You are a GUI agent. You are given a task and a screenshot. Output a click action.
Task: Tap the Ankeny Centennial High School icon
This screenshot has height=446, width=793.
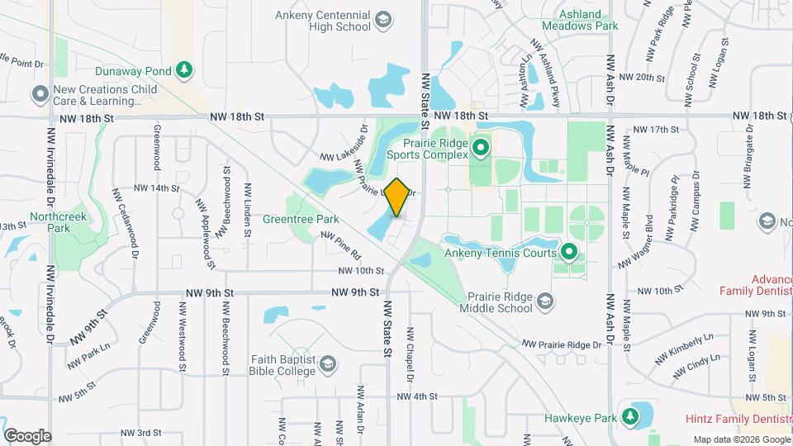coord(382,19)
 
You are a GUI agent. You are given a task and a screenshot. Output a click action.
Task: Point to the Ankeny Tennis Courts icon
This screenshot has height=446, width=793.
coord(568,251)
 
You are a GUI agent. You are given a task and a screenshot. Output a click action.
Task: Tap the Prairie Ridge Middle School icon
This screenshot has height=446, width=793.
coord(544,301)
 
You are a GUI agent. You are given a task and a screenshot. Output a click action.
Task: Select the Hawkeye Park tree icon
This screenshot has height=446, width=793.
coord(632,415)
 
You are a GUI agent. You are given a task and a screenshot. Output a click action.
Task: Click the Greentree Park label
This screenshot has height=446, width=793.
coord(301,220)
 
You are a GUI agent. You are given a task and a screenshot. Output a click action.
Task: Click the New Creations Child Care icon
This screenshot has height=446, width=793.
coord(40,95)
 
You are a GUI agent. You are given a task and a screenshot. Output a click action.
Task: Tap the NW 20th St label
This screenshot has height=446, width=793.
coord(641,77)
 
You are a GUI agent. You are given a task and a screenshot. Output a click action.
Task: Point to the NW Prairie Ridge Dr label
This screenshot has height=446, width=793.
coord(561,344)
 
